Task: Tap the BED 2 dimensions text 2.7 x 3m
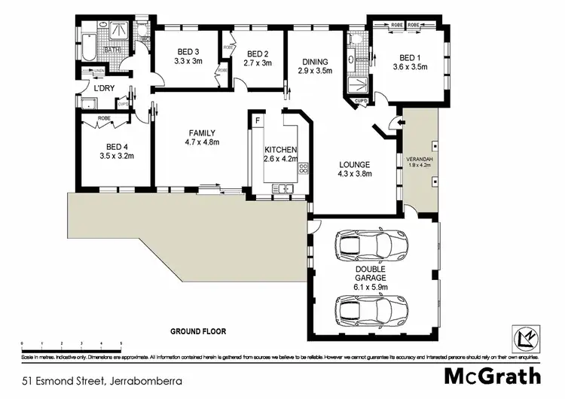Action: click(258, 64)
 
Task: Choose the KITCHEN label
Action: click(279, 149)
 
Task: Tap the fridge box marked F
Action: click(258, 120)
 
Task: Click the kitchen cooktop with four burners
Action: click(304, 168)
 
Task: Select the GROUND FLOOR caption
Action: click(198, 331)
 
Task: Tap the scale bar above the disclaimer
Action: click(72, 347)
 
